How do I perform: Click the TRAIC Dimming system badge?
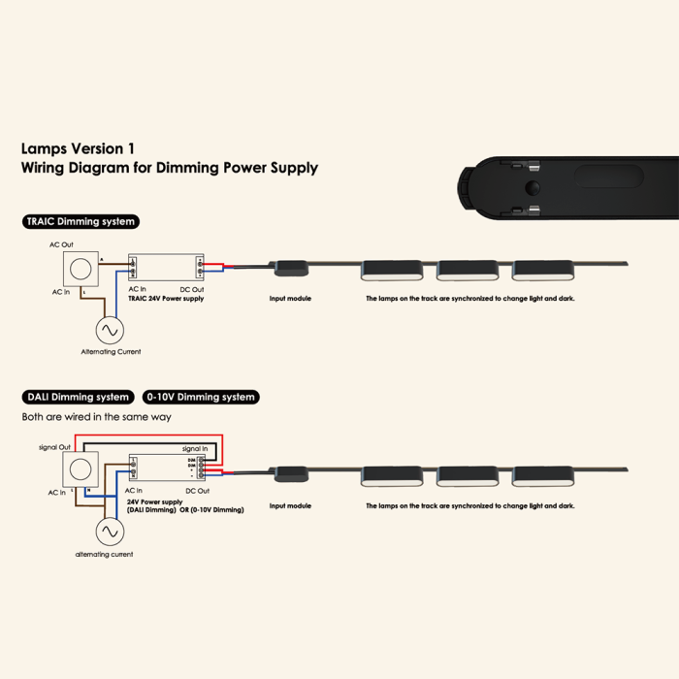(81, 221)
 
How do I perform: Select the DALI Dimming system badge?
(78, 397)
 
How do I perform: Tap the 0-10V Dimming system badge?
(201, 397)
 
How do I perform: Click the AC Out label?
(62, 245)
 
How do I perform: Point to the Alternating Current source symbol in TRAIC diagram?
(109, 329)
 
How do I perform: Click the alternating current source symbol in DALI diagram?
(109, 532)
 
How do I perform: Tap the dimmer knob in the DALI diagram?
(81, 471)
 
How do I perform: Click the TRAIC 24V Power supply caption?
(166, 299)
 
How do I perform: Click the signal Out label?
(54, 447)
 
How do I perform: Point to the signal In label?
(194, 449)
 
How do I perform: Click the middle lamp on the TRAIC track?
(468, 269)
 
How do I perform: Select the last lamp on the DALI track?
(543, 474)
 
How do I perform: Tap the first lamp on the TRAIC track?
(392, 269)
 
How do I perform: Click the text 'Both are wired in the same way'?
(97, 416)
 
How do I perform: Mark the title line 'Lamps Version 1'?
(78, 149)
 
